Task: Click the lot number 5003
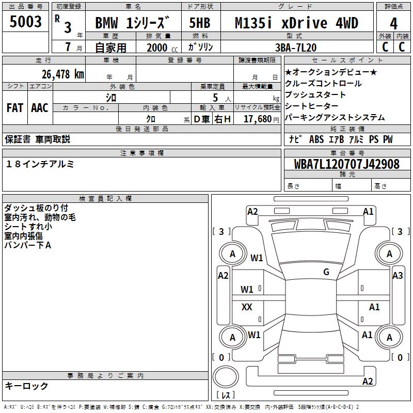pos(26,23)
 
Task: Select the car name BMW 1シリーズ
pos(132,23)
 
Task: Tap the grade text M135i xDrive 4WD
pos(296,23)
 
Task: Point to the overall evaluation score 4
pos(394,24)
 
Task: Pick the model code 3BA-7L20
pos(296,47)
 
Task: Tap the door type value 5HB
pos(199,23)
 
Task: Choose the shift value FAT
pos(14,107)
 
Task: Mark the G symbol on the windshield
pos(326,272)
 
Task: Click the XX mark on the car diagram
pos(247,307)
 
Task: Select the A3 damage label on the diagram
pos(398,276)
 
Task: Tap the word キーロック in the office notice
pos(27,386)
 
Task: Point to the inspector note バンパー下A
pos(27,245)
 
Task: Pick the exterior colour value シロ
pos(111,97)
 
